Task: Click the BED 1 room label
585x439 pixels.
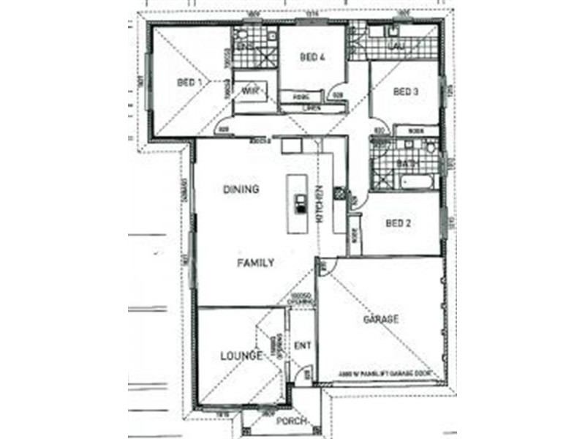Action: tap(189, 83)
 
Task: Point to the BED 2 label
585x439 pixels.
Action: tap(399, 223)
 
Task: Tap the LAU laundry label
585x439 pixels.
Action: tap(398, 47)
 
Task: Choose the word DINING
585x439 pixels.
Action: tap(241, 190)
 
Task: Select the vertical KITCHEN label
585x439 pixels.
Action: tap(319, 204)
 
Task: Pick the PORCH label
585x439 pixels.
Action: tap(290, 421)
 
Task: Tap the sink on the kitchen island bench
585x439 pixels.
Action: tap(300, 203)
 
